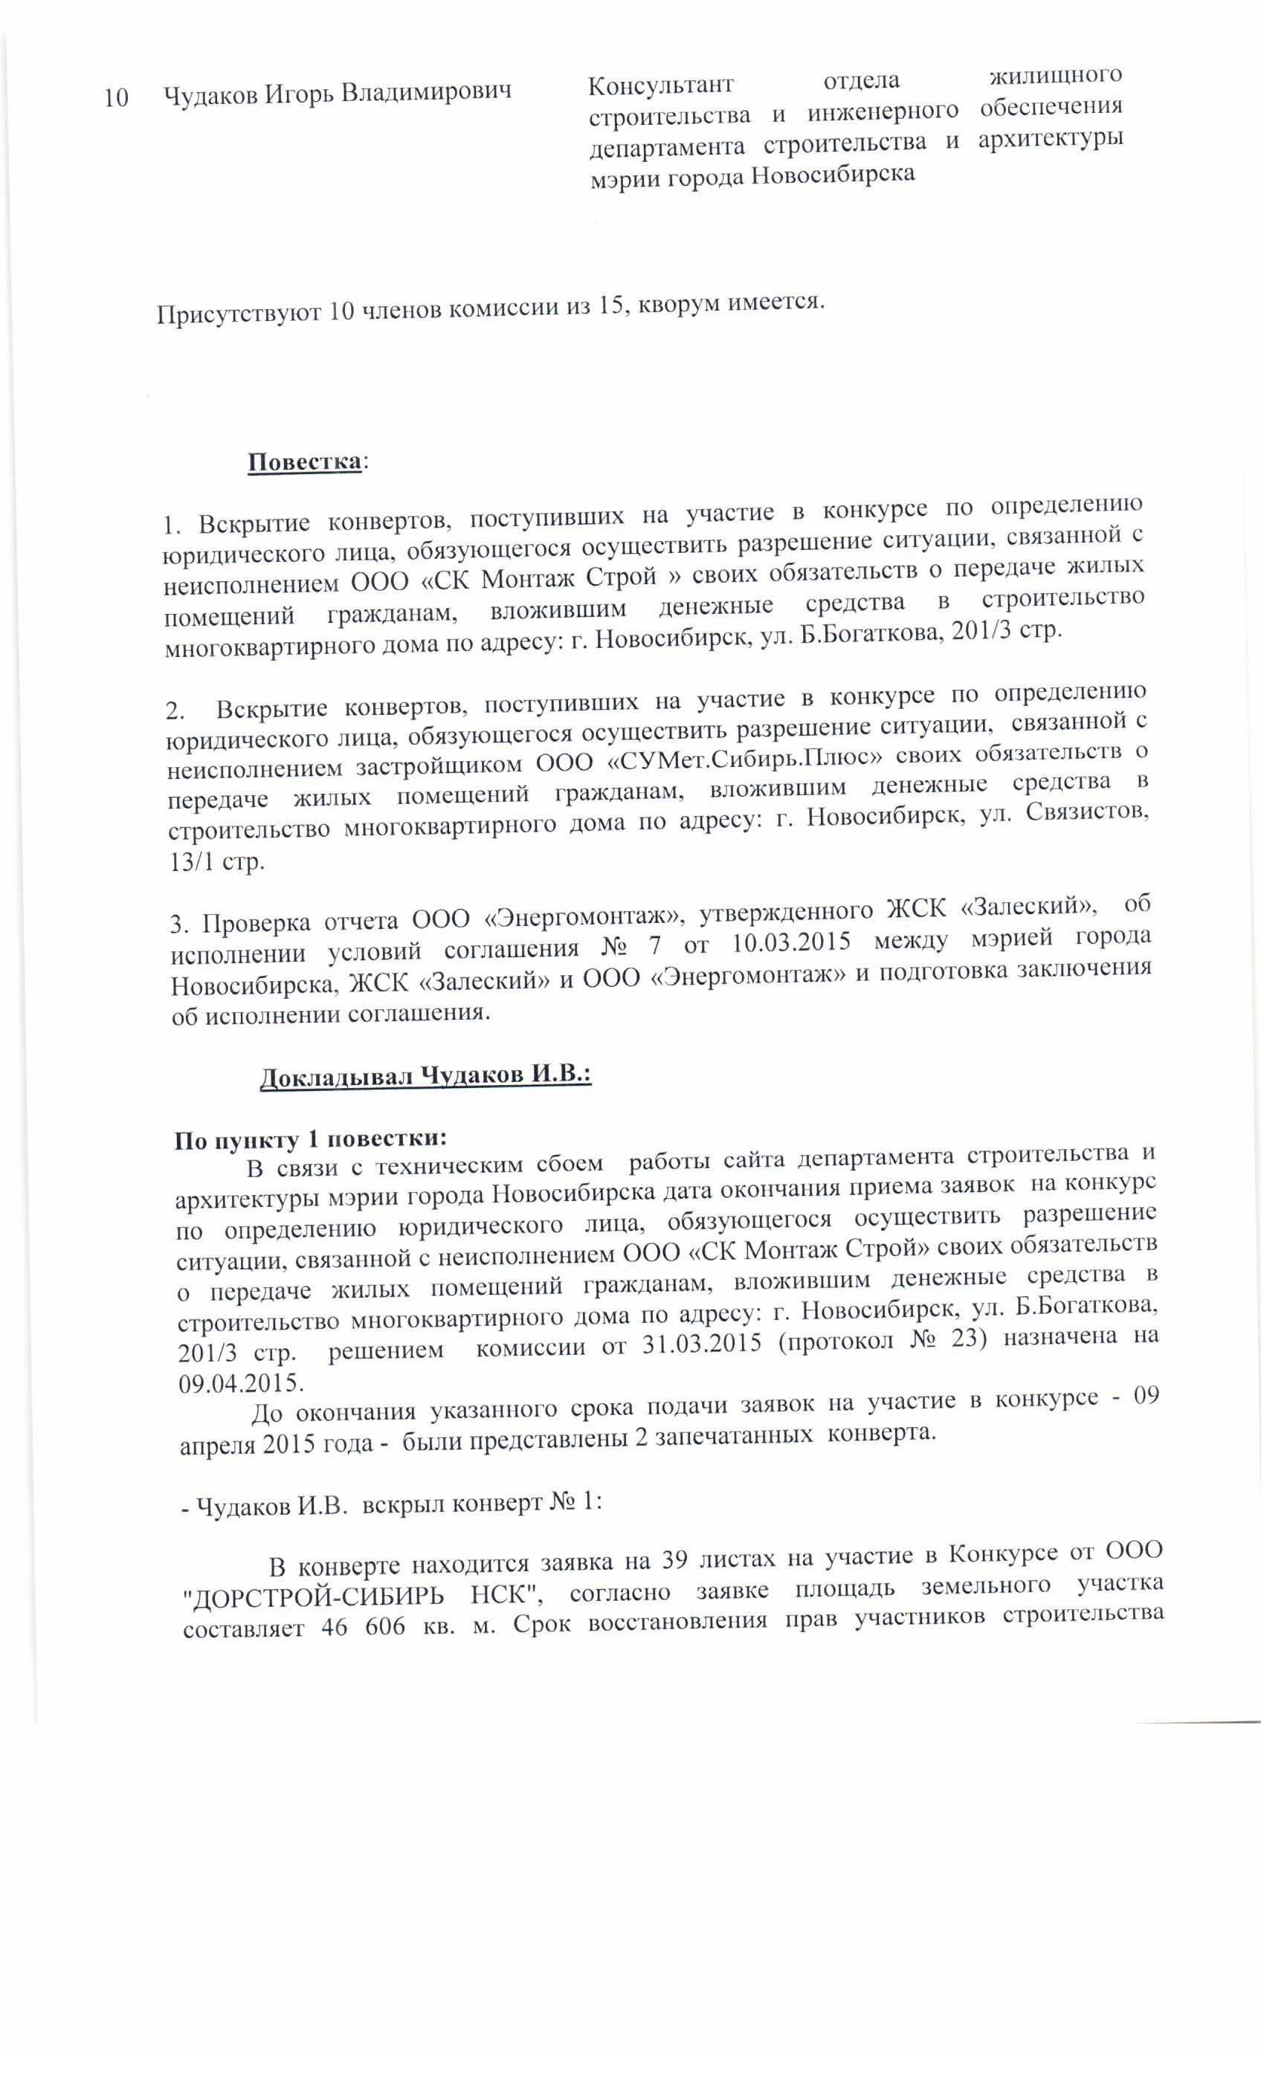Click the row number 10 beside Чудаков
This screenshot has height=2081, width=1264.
tap(116, 98)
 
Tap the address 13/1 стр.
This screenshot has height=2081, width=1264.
tap(217, 862)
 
